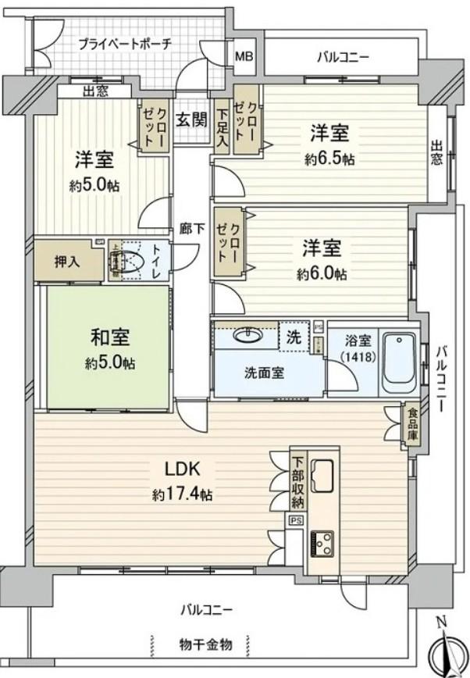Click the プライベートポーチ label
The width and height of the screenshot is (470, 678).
point(124,45)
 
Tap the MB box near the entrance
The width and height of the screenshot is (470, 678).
point(244,57)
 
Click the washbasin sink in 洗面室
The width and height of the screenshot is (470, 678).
point(247,337)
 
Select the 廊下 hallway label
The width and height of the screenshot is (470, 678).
point(191,228)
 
